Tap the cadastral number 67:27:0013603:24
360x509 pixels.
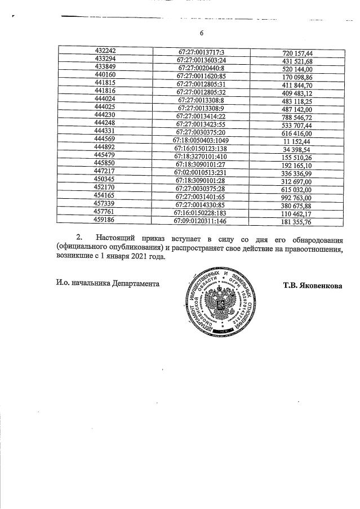(x=201, y=59)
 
